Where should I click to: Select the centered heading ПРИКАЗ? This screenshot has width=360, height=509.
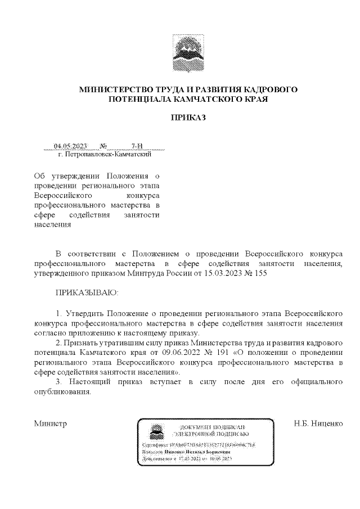coord(188,118)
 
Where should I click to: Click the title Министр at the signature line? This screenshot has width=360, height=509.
coord(51,423)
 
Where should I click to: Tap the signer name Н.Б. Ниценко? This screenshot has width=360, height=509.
coord(318,423)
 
